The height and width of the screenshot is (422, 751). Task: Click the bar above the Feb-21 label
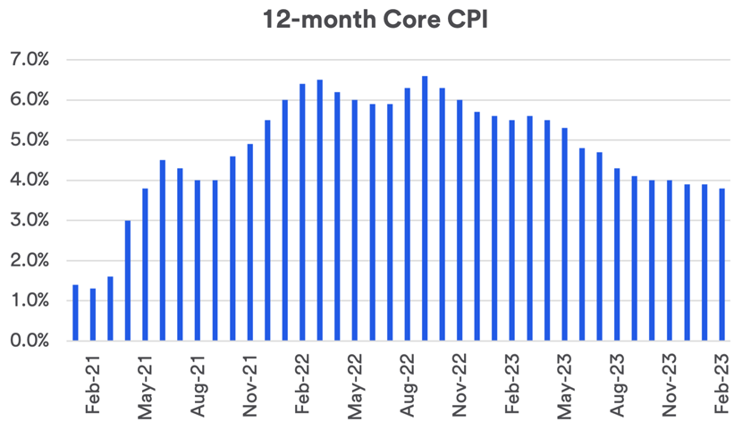click(x=75, y=313)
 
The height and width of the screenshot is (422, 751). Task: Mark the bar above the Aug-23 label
click(x=617, y=254)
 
